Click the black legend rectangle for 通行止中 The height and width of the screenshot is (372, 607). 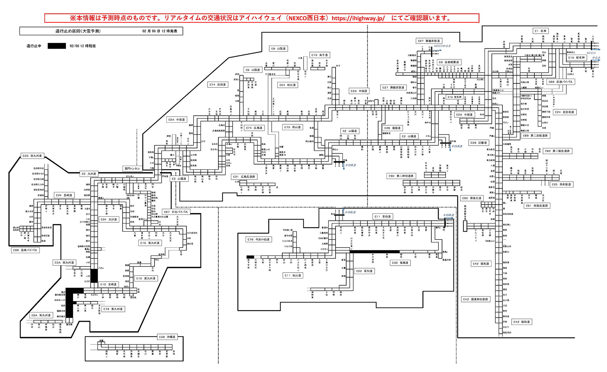coord(57,46)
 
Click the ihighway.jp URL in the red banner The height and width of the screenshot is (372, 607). coord(358,18)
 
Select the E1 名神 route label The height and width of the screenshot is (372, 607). coord(541,31)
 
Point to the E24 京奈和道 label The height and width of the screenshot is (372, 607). coord(564,112)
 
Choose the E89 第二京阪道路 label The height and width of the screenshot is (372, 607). coord(535,136)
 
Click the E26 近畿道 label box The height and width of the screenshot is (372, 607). coord(478,143)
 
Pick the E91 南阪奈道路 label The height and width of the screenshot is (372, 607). coord(537,206)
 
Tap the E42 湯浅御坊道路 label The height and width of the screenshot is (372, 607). coord(475,299)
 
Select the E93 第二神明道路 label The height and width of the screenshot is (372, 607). coord(401,176)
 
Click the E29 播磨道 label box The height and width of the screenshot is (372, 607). coord(392,128)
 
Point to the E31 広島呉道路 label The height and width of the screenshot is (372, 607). coord(244,177)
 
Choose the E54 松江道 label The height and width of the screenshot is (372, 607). coord(287,85)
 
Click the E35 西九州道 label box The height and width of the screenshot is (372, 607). coord(32,156)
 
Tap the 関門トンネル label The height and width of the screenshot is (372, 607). coord(132,169)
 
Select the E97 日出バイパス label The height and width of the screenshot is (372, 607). coord(176,212)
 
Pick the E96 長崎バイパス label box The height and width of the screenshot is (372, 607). coord(25,250)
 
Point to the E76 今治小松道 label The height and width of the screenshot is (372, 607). coord(258,240)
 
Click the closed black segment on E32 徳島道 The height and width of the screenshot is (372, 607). coord(375,252)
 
